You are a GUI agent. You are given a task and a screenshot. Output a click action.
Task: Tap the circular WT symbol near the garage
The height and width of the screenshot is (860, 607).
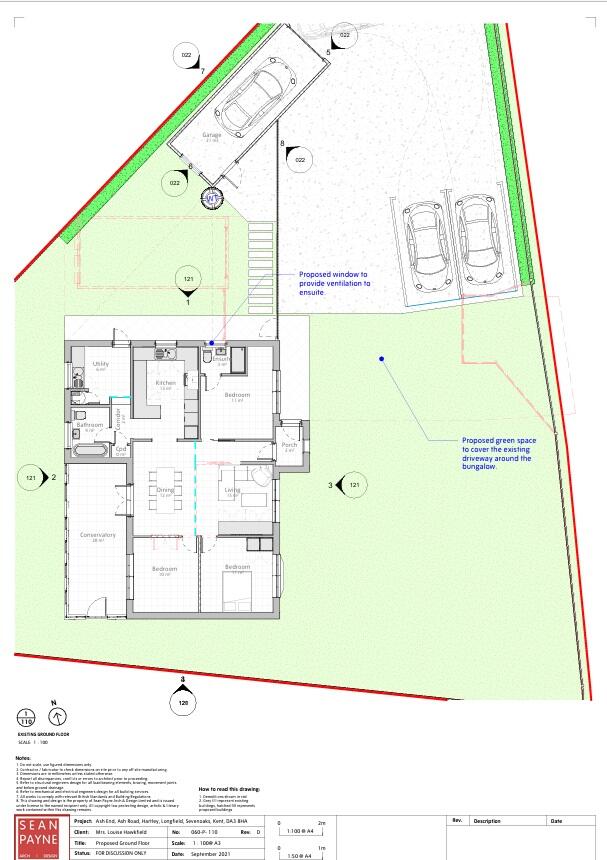coord(211,198)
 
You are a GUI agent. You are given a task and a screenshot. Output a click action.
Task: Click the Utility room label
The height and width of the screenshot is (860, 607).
coord(100,365)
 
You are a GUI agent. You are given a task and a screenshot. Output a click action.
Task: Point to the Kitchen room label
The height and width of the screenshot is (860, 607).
coord(166,384)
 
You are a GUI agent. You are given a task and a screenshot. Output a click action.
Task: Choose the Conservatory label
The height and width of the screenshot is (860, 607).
coord(99,536)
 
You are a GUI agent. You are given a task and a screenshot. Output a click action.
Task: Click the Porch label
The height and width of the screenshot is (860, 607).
coord(289,445)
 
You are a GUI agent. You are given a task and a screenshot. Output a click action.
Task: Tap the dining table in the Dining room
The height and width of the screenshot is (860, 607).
coord(166,490)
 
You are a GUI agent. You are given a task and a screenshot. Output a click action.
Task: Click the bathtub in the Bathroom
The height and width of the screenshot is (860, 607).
coord(90,451)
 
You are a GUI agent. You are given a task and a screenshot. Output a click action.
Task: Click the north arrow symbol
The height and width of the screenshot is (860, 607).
coord(58,716)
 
